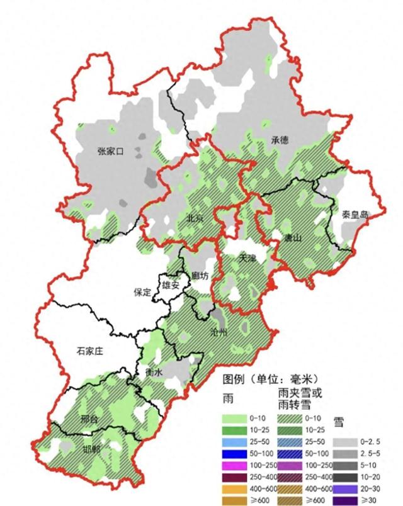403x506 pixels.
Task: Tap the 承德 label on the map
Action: [x=280, y=141]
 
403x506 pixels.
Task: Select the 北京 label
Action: [x=196, y=218]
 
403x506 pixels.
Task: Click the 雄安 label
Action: [x=171, y=284]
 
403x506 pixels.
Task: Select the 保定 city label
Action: [x=142, y=292]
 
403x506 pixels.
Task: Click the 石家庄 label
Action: [x=94, y=354]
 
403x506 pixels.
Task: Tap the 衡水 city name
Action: [x=154, y=373]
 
